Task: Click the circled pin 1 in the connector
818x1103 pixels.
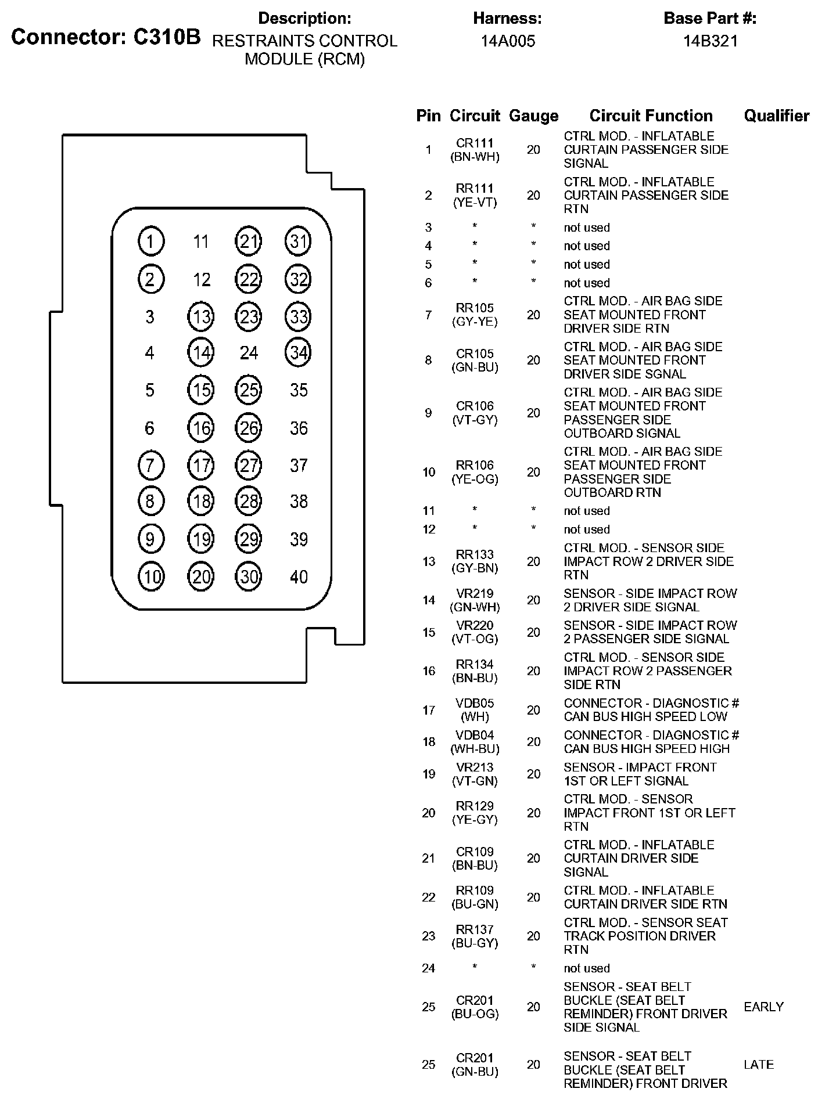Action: [151, 241]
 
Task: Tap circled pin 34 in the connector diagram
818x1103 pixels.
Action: [298, 352]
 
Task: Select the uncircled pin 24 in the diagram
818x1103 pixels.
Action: [249, 352]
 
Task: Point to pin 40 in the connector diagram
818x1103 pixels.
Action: [299, 576]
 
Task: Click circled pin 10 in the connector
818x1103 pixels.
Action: [151, 576]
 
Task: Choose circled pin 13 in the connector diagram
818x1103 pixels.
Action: [200, 317]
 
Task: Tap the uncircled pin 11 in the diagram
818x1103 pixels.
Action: [200, 241]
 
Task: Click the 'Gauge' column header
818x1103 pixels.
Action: [533, 116]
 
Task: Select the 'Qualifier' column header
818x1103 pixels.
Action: [776, 116]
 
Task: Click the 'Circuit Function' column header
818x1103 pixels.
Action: [651, 116]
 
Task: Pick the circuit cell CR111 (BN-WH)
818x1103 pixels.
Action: [475, 150]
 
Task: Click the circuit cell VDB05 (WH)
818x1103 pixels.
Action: [475, 710]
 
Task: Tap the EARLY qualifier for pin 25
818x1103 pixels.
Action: [763, 1007]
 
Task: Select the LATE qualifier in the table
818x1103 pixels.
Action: [759, 1065]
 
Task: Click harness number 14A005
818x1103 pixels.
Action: [507, 41]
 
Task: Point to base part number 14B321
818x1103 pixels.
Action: [710, 41]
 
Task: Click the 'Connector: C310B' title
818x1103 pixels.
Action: [106, 37]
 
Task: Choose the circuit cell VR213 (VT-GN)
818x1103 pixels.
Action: [475, 774]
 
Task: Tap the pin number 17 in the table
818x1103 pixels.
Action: [429, 710]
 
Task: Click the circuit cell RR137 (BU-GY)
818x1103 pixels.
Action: [475, 936]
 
